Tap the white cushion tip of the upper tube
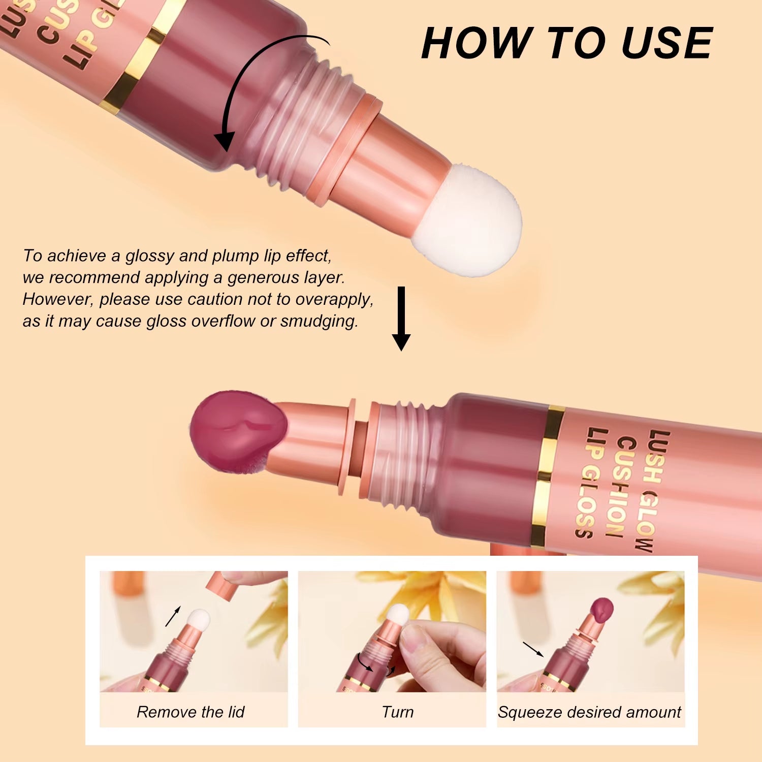pos(467,221)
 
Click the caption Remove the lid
pos(190,712)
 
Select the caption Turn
pos(397,712)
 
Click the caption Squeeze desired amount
pos(589,712)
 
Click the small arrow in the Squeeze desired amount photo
pos(533,649)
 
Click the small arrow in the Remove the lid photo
pos(173,616)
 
